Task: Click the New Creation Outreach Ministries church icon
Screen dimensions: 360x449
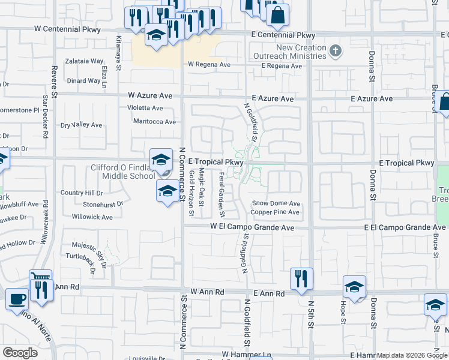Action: (336, 52)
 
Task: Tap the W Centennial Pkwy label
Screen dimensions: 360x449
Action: (64, 29)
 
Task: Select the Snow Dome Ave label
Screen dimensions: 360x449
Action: (276, 204)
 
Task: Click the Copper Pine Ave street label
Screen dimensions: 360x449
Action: (275, 212)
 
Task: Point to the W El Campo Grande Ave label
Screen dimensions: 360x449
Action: (252, 227)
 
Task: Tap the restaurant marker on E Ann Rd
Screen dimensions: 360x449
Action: (301, 278)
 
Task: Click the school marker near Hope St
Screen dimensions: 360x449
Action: (354, 287)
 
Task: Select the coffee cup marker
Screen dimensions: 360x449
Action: (17, 298)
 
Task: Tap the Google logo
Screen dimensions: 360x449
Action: (20, 352)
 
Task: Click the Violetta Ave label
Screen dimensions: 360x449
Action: (145, 109)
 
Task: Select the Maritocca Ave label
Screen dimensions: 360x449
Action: (154, 122)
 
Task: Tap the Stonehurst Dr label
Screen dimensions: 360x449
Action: (103, 204)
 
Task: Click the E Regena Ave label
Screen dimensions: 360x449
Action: (277, 65)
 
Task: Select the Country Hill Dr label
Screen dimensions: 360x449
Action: (82, 193)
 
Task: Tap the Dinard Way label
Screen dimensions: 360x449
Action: (83, 81)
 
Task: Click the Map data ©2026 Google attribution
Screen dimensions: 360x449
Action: (412, 355)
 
